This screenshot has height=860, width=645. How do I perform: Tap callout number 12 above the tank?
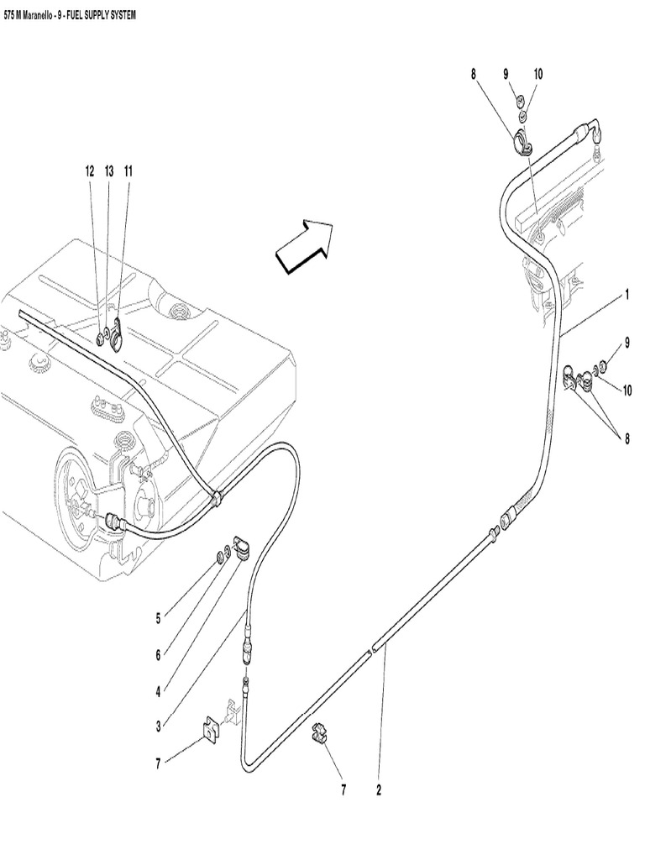pos(90,170)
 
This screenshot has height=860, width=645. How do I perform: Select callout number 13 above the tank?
pos(109,170)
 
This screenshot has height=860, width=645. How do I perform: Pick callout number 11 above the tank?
pos(128,170)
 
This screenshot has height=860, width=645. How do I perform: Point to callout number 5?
pos(157,620)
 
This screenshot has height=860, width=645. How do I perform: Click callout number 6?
pos(157,654)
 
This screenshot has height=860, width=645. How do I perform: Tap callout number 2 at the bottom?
pos(379,790)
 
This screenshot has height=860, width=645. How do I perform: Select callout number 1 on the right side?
pos(627,296)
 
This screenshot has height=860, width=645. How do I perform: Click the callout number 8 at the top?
pos(474,74)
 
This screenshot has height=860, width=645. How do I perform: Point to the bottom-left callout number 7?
pos(157,763)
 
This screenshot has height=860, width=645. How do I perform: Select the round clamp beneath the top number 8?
pos(521,143)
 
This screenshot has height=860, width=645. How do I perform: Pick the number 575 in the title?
pos(11,15)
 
